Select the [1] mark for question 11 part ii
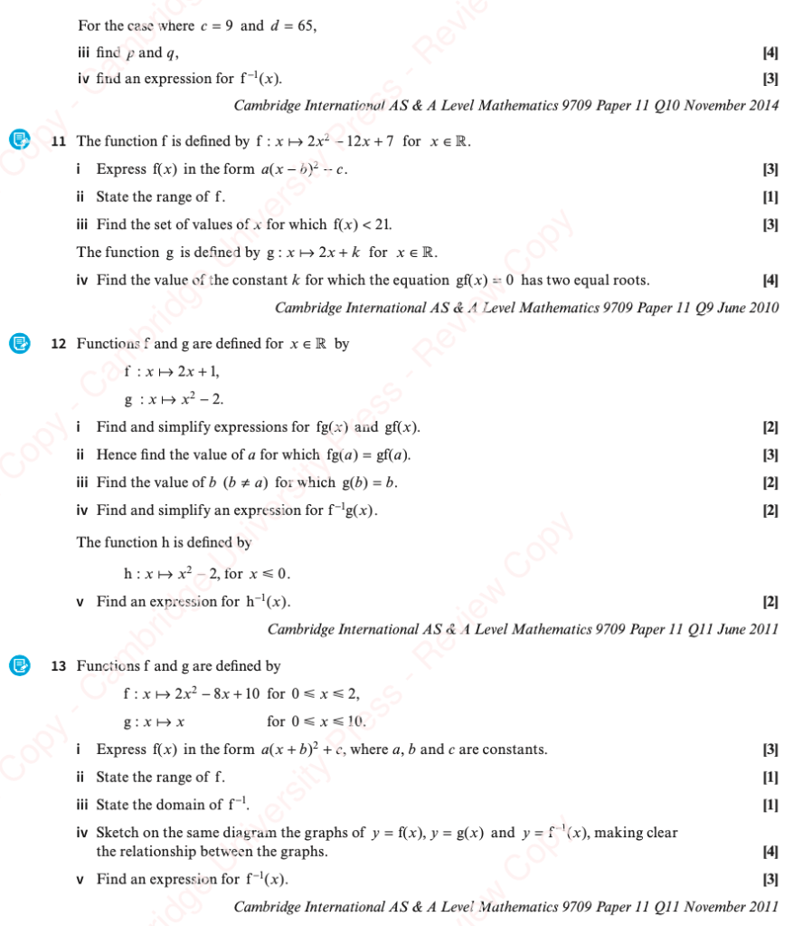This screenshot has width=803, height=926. click(770, 197)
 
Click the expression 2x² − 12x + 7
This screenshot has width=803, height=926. click(346, 141)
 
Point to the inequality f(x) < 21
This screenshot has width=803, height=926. click(364, 224)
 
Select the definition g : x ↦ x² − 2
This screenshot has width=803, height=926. click(174, 399)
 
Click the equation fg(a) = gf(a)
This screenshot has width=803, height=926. click(372, 454)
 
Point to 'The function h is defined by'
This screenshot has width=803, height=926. click(164, 542)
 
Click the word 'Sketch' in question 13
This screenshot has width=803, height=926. click(117, 833)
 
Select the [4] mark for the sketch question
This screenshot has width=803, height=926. click(770, 852)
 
